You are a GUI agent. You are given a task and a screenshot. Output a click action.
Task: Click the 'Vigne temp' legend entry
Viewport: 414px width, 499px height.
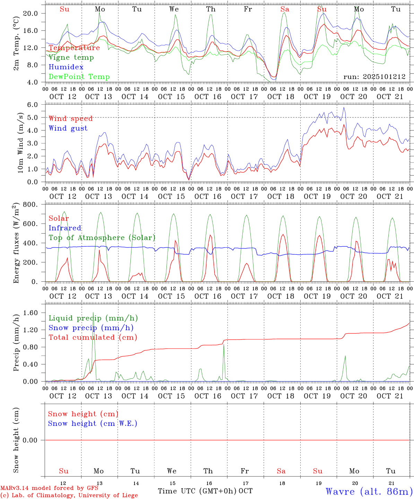tap(71, 58)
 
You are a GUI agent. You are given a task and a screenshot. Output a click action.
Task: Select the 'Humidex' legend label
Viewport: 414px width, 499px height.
tap(66, 67)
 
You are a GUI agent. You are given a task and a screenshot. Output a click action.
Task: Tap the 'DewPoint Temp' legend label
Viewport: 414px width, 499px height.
tap(79, 77)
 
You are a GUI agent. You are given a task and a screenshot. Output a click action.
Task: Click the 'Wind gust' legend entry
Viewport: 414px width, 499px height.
tap(68, 128)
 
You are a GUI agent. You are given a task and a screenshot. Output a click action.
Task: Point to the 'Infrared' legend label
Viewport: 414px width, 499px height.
tap(65, 228)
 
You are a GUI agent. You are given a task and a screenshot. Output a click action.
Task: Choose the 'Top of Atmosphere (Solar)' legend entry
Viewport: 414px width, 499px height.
tap(102, 238)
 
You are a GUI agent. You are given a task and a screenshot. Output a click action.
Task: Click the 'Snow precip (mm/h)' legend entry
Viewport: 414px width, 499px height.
tap(91, 328)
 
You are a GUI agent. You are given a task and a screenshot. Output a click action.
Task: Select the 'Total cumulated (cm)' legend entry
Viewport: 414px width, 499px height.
tap(93, 338)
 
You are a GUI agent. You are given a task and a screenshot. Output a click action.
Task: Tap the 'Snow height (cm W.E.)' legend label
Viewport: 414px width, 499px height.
tap(92, 423)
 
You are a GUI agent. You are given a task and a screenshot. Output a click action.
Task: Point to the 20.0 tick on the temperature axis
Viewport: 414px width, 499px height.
tap(30, 13)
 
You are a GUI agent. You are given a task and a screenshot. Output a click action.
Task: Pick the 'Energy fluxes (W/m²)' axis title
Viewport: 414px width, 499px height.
tap(16, 243)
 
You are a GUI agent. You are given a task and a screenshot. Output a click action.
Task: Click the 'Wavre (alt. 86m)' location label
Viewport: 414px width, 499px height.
tap(369, 491)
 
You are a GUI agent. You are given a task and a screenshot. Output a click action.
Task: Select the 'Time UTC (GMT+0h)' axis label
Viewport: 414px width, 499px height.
tap(197, 491)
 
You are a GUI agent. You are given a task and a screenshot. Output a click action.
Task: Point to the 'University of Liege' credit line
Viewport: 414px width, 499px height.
tap(69, 495)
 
